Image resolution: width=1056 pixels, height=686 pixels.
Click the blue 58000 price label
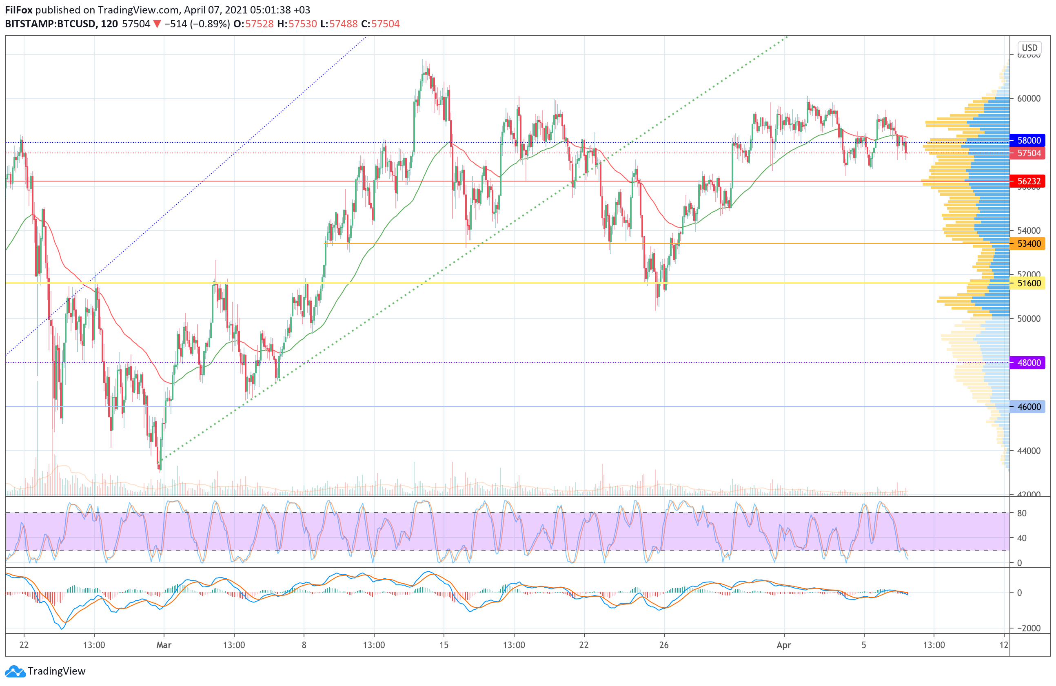[1027, 141]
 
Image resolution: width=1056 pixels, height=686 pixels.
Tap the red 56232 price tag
[1027, 181]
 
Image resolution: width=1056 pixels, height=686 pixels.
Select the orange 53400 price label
[1027, 243]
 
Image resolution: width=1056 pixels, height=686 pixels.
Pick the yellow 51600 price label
[1027, 283]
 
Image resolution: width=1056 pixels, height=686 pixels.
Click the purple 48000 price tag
[1027, 362]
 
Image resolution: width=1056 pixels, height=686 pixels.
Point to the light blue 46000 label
[1027, 407]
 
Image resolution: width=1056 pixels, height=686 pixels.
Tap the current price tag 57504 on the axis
[1027, 153]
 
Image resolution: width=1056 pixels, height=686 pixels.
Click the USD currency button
[1029, 48]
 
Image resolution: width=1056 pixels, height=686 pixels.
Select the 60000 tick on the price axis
[1029, 98]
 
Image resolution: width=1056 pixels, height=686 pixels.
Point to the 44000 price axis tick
[1029, 451]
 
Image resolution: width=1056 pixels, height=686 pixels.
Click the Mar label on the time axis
[164, 645]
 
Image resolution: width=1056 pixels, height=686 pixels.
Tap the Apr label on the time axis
[783, 645]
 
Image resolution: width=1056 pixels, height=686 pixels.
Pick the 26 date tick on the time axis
[664, 645]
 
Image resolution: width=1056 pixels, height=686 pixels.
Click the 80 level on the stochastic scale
[1022, 513]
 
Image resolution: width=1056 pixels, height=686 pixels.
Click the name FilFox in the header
[19, 10]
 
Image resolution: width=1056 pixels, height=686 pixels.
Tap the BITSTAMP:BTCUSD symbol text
[50, 24]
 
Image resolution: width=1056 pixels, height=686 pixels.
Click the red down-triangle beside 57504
[157, 24]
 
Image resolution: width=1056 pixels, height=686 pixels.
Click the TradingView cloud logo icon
[15, 671]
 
